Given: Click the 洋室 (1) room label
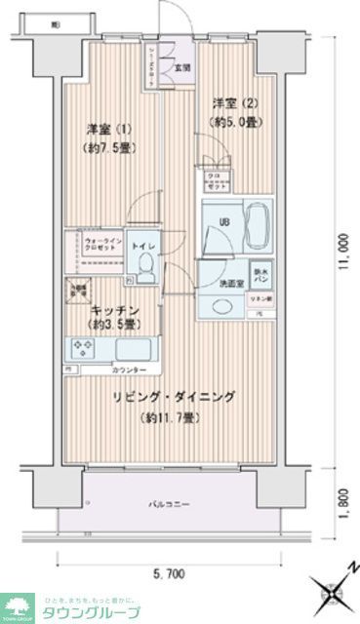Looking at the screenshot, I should click(109, 129).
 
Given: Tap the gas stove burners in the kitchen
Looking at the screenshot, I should click(80, 348).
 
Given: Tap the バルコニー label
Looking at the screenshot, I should click(168, 504).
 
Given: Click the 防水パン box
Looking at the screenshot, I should click(260, 276).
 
